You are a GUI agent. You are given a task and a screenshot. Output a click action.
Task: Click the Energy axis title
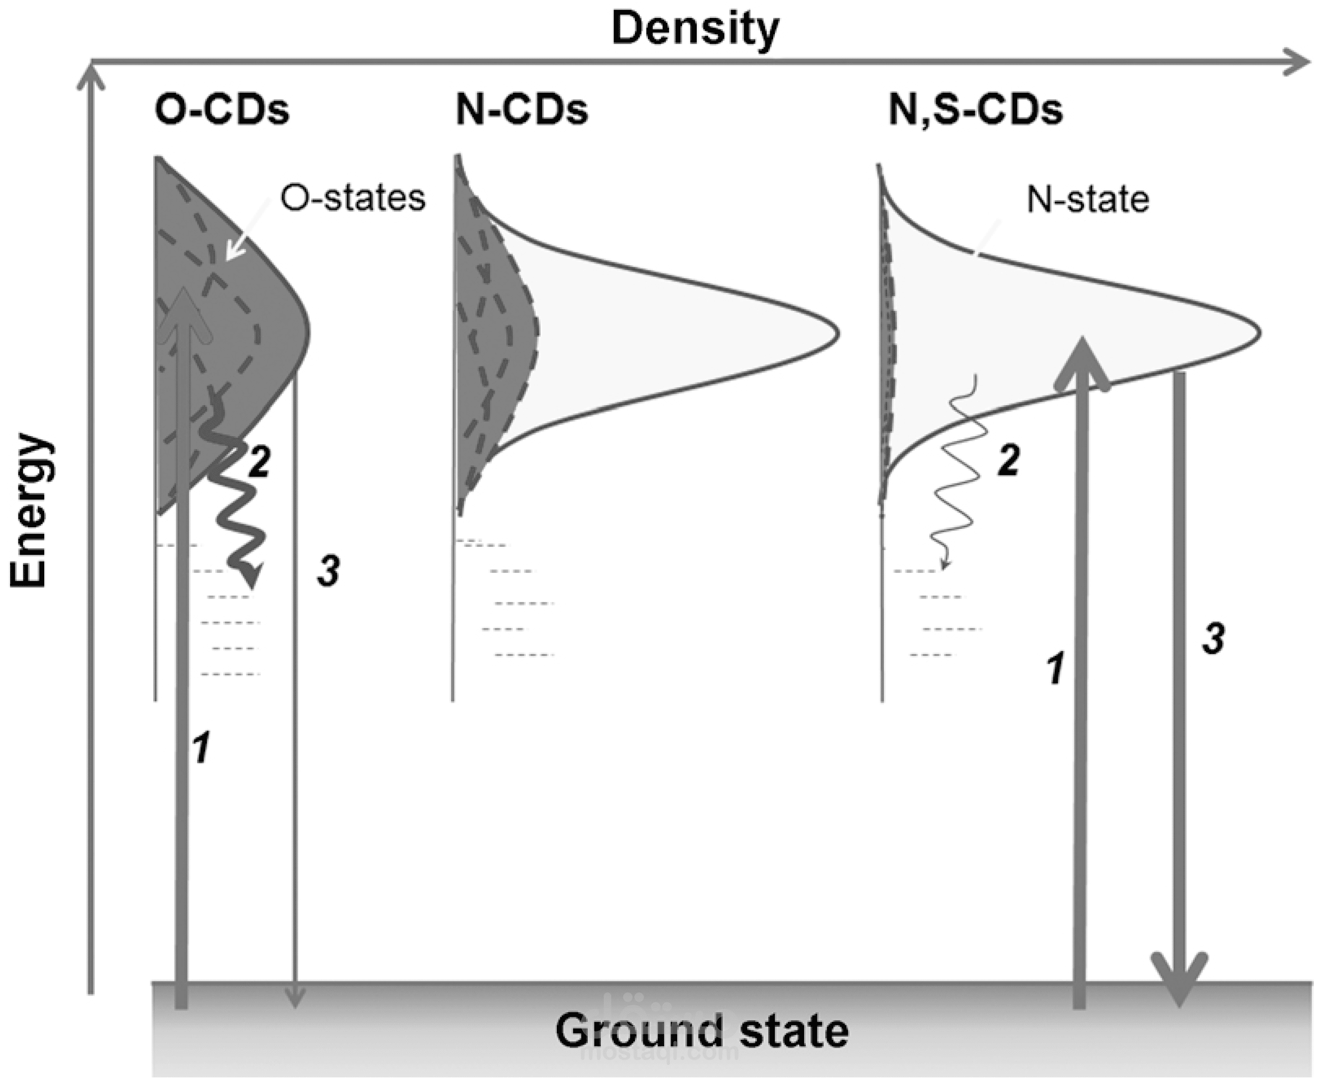click(x=29, y=510)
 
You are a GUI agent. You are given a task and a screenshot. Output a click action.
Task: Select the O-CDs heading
click(x=222, y=110)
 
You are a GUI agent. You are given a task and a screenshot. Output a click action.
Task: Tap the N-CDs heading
click(x=522, y=110)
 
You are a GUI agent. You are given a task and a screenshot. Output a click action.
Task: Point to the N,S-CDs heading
click(x=976, y=111)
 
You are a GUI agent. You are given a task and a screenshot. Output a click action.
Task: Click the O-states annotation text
click(x=353, y=198)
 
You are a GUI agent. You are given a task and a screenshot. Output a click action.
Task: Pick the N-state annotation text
click(x=1088, y=201)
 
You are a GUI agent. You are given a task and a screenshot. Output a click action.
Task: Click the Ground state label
click(x=701, y=1031)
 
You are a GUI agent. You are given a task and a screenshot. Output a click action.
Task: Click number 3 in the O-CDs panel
click(x=328, y=571)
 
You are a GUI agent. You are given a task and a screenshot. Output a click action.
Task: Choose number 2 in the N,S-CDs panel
click(x=1008, y=460)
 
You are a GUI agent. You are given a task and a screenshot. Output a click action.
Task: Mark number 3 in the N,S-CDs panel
click(x=1213, y=639)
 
